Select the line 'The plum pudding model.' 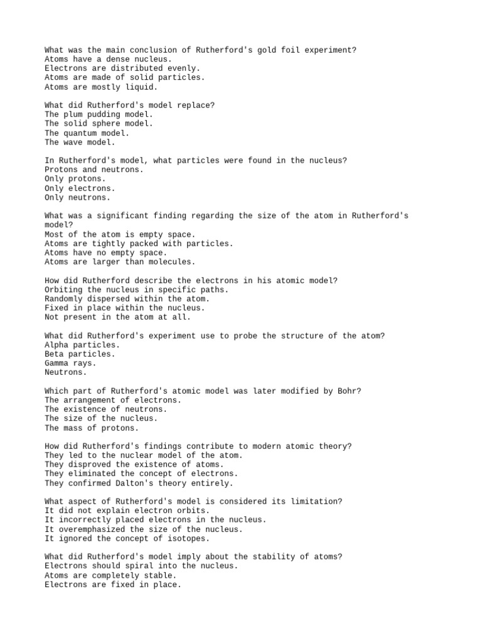click(99, 114)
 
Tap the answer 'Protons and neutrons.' click(94, 170)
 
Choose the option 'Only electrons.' click(80, 188)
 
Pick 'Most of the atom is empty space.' click(120, 234)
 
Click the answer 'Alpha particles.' click(82, 345)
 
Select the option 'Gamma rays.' click(70, 363)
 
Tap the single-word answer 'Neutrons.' click(66, 372)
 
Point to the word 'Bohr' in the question click(350, 391)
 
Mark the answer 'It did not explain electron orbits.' click(127, 511)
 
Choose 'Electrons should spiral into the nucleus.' click(141, 566)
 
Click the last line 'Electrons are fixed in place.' click(113, 584)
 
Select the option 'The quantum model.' click(87, 132)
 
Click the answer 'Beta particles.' click(80, 354)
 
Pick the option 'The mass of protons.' click(92, 428)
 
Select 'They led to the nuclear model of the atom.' click(144, 455)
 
